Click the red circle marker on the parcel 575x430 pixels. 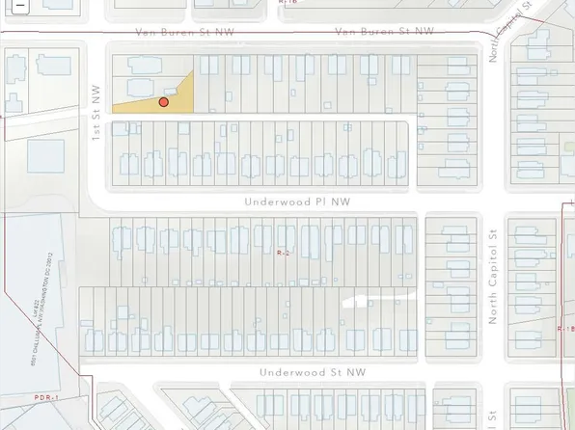point(164,101)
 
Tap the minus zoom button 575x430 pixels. point(8,4)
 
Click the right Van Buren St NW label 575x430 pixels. point(384,32)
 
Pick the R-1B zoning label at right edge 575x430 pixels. point(565,328)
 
